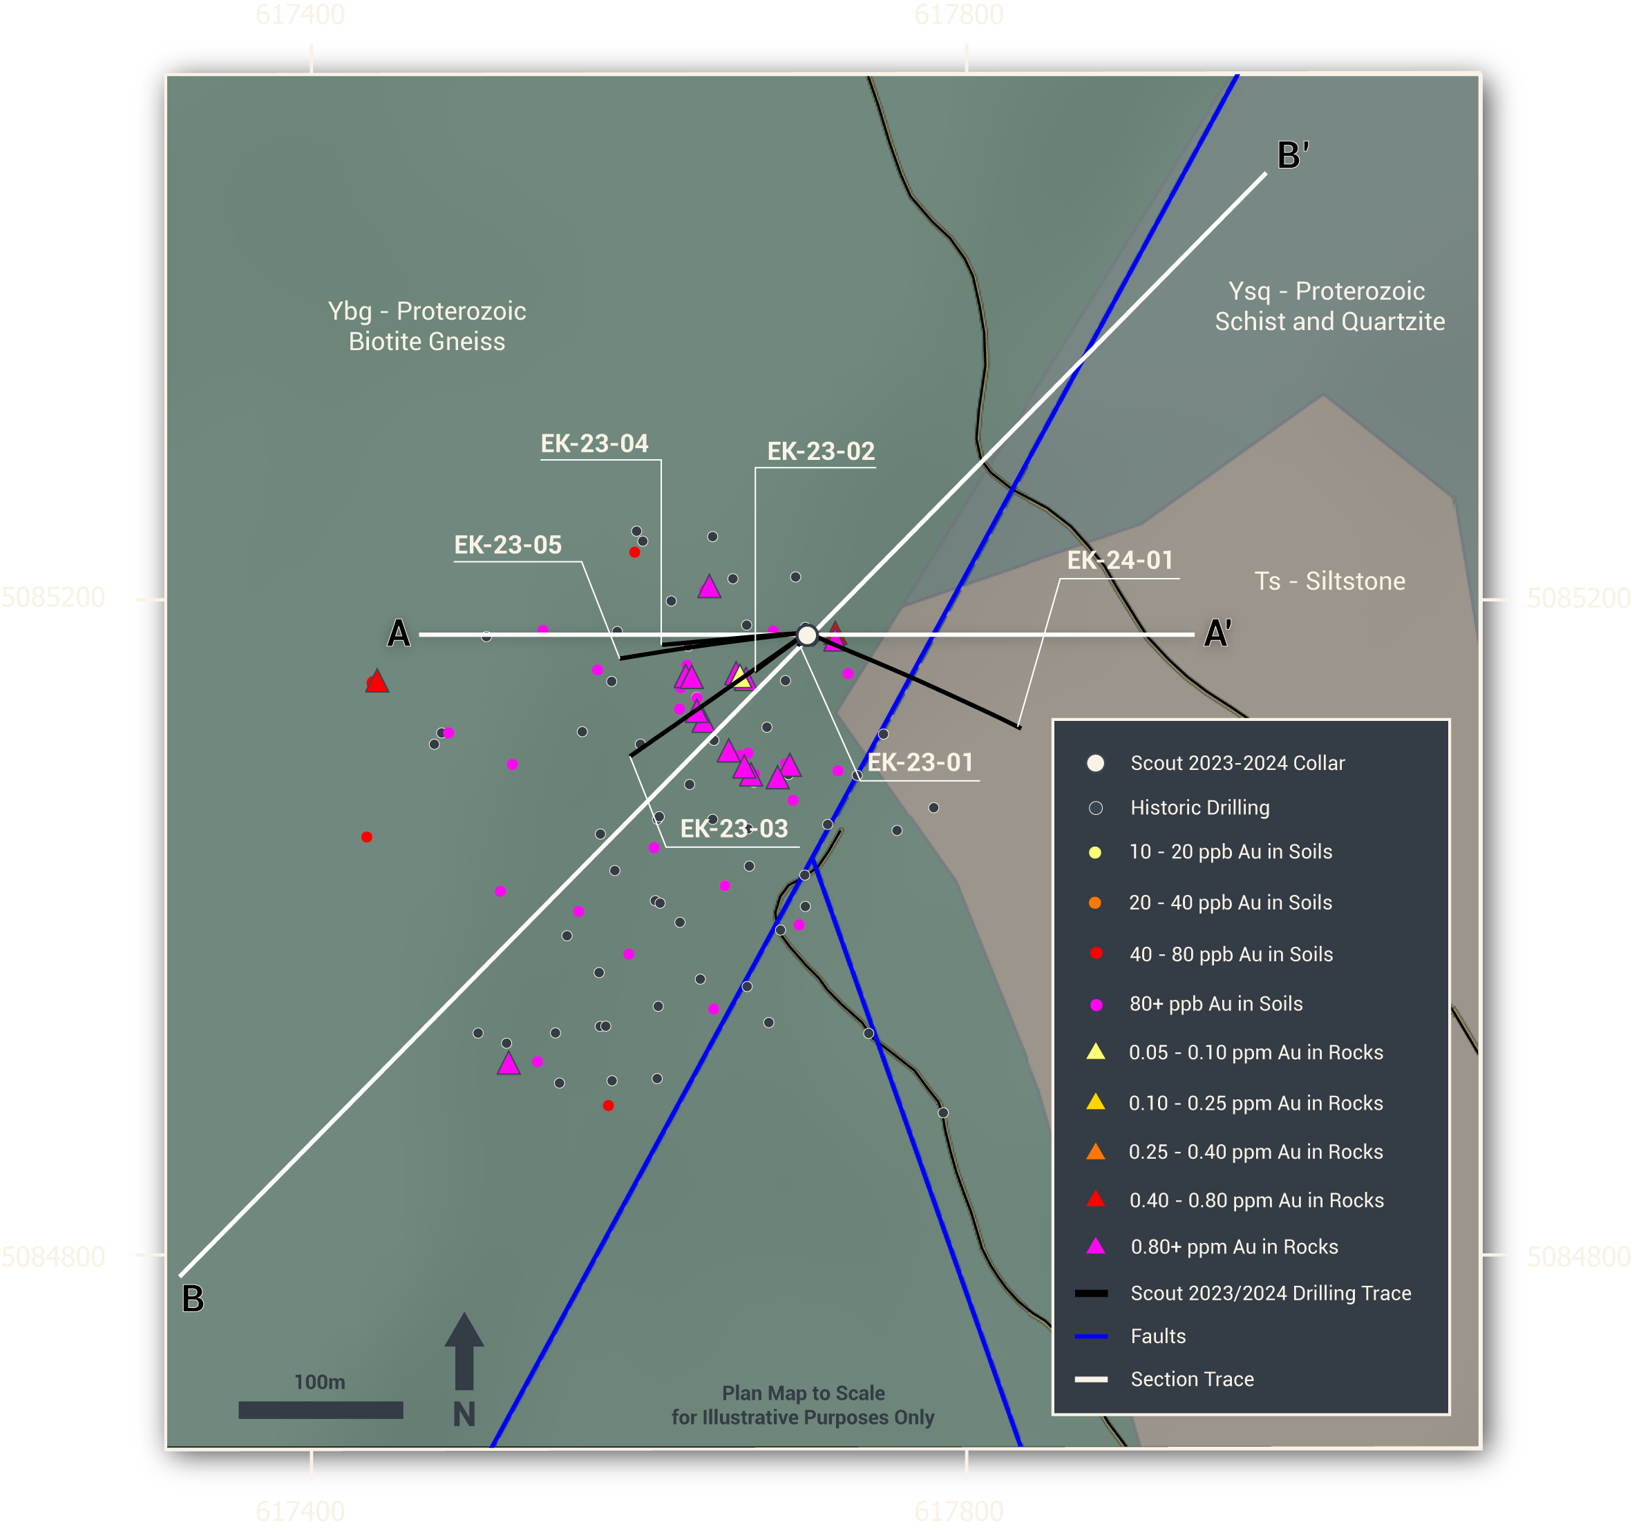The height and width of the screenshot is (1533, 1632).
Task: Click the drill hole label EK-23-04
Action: click(x=594, y=444)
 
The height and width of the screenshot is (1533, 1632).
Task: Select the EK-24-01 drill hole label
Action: click(x=1120, y=561)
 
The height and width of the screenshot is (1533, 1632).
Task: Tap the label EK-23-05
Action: click(x=508, y=545)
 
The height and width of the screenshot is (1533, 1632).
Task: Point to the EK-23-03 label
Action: click(x=734, y=829)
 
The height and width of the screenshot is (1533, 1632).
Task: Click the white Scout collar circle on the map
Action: click(x=807, y=635)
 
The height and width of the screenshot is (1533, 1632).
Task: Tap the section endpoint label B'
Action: click(x=1292, y=155)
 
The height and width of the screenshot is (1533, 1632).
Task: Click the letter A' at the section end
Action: click(x=1217, y=633)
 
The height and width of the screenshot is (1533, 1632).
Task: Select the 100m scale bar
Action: click(x=320, y=1410)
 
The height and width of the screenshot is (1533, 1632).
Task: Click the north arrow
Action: click(x=464, y=1354)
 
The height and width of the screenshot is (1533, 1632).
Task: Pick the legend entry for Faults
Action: click(x=1157, y=1336)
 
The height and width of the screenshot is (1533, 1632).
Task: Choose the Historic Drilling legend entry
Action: click(x=1199, y=807)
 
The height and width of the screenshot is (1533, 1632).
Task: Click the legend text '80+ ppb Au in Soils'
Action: click(x=1216, y=1003)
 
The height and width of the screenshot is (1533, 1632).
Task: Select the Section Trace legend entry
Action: click(x=1192, y=1379)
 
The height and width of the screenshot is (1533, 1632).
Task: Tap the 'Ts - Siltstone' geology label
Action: click(x=1329, y=581)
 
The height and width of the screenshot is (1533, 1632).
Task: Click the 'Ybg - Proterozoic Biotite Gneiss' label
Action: click(x=427, y=326)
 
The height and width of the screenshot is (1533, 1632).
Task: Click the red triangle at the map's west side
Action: click(x=377, y=681)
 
